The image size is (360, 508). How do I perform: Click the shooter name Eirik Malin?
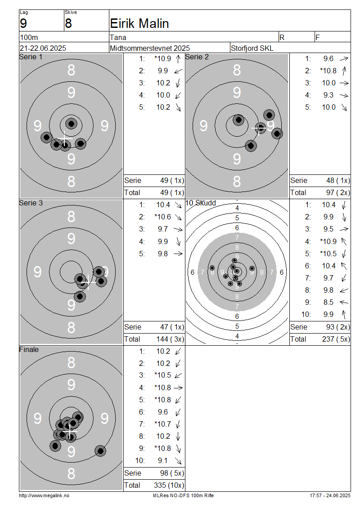click(139, 23)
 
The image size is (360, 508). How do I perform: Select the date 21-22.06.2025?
click(43, 48)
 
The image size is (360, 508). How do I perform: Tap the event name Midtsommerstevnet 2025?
click(149, 48)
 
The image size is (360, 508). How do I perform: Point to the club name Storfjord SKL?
click(252, 48)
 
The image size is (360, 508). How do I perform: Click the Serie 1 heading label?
click(31, 57)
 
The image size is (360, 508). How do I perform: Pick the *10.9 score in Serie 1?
click(162, 58)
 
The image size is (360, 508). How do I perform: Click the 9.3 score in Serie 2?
click(328, 95)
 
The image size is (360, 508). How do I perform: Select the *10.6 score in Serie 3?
click(162, 217)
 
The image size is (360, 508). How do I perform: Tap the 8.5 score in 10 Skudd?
click(328, 302)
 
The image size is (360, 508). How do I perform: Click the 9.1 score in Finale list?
click(162, 460)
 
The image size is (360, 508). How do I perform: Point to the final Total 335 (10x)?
click(169, 485)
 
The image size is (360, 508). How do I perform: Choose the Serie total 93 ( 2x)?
click(338, 327)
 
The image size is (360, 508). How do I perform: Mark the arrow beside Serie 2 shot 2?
click(344, 71)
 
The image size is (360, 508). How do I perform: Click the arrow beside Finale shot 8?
click(178, 437)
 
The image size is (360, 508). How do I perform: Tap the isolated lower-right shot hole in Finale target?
click(100, 450)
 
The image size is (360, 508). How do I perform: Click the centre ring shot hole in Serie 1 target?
click(71, 124)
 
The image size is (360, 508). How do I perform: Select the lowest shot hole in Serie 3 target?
click(80, 296)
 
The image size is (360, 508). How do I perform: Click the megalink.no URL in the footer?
click(44, 495)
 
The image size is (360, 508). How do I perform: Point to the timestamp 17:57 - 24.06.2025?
click(330, 495)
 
